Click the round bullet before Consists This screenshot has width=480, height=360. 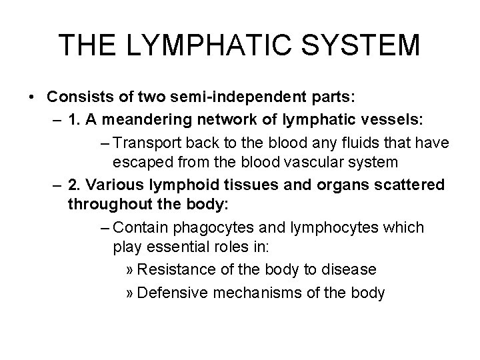33,97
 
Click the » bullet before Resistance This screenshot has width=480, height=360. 131,270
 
